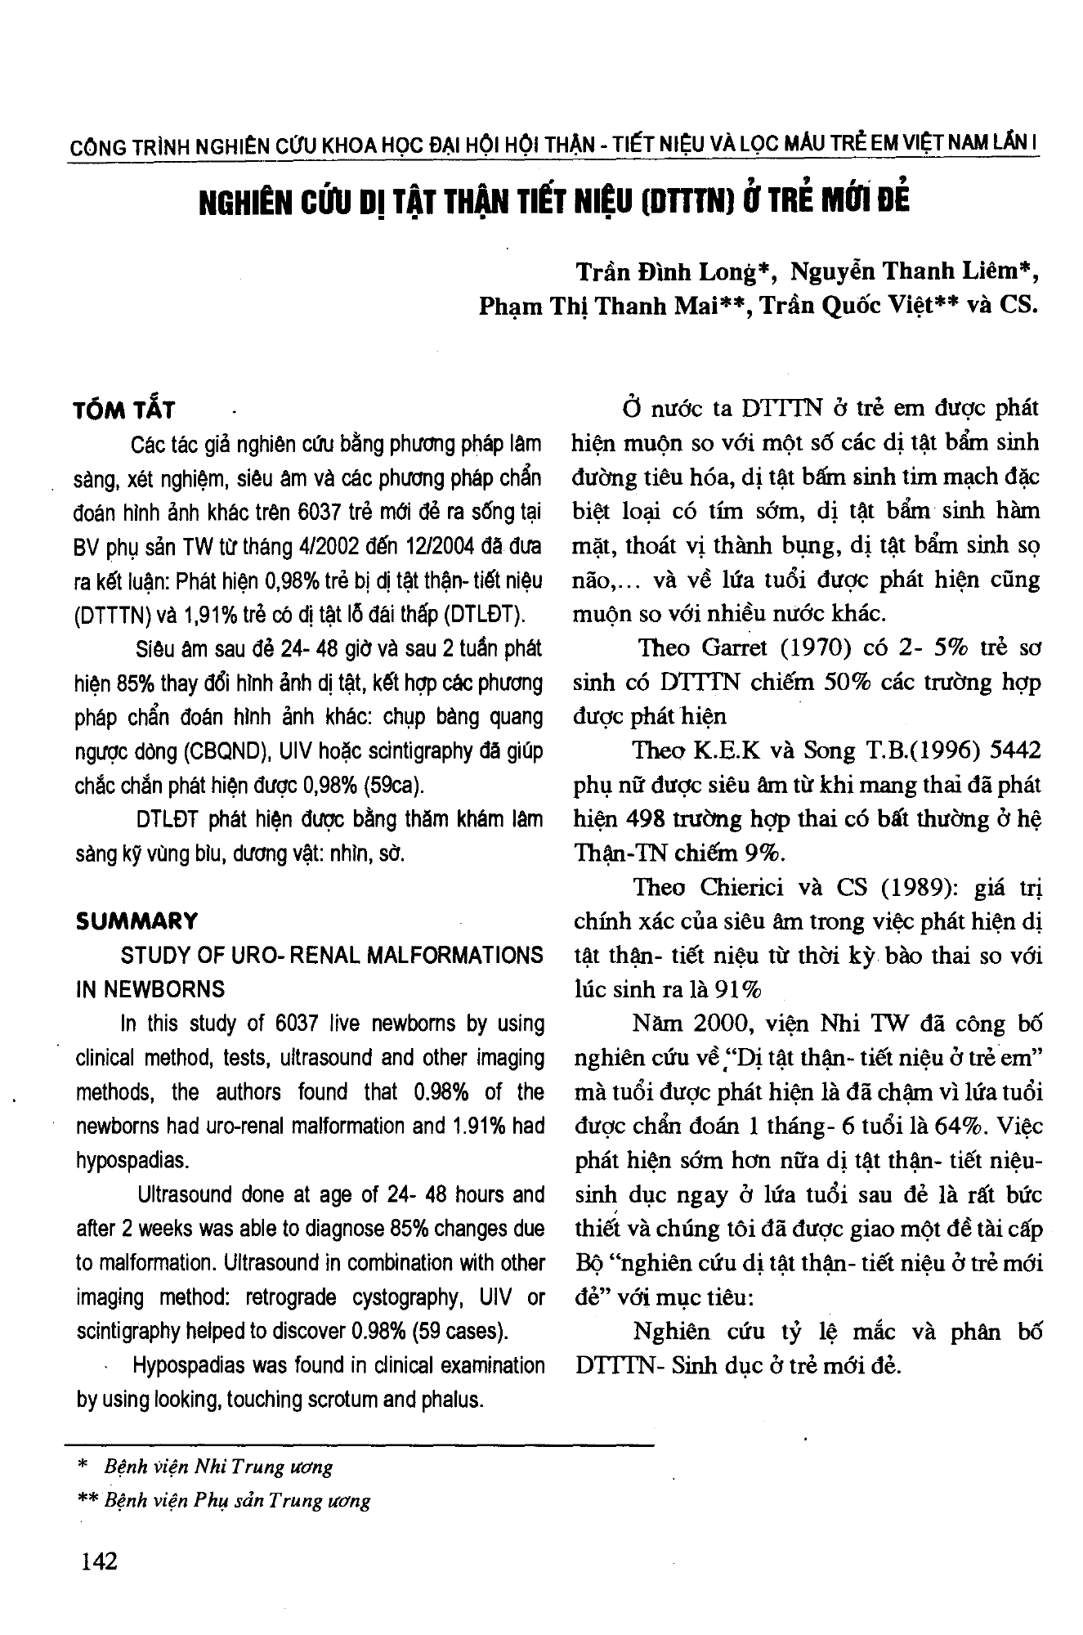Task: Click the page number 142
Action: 100,1561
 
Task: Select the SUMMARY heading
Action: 136,921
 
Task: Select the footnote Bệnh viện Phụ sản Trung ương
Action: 237,1501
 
